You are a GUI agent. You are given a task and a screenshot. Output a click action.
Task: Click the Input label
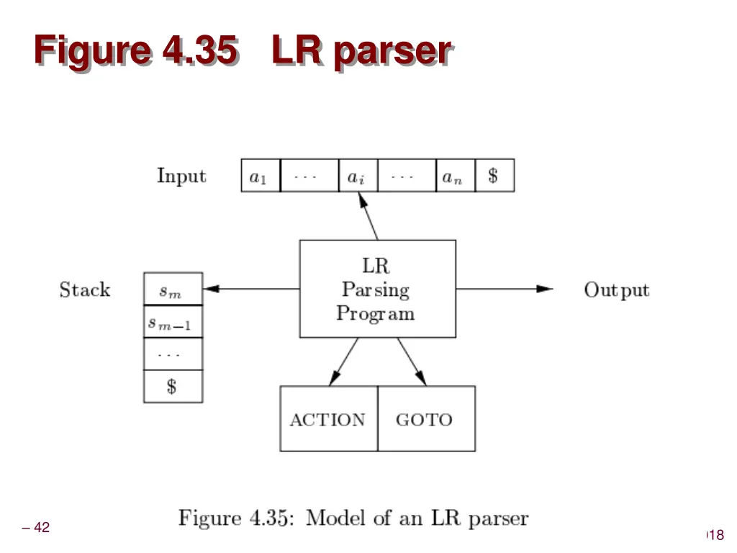[x=181, y=176]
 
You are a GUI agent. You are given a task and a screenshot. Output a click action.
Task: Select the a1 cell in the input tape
[x=260, y=176]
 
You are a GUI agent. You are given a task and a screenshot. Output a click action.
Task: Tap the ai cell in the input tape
[x=357, y=176]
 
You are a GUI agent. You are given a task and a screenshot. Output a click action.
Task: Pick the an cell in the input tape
[x=455, y=176]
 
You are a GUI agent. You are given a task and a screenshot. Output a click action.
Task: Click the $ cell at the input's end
[x=494, y=176]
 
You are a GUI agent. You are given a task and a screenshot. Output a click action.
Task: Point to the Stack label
[x=85, y=290]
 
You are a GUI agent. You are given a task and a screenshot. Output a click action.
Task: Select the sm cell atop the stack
[x=173, y=289]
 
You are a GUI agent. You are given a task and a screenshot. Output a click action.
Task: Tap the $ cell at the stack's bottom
[x=173, y=387]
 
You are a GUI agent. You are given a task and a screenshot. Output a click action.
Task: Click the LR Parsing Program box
[x=377, y=289]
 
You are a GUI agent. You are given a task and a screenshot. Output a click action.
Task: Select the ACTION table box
[x=328, y=419]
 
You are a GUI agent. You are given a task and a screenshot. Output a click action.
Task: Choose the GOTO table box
[x=425, y=419]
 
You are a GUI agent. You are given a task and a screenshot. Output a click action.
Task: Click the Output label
[x=616, y=290]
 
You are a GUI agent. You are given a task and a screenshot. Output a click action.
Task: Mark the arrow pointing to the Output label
[x=504, y=289]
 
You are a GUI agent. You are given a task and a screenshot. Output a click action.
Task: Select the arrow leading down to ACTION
[x=344, y=361]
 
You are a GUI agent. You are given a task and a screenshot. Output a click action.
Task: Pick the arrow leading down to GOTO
[x=412, y=361]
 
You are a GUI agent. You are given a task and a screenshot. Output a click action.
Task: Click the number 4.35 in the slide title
[x=199, y=51]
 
